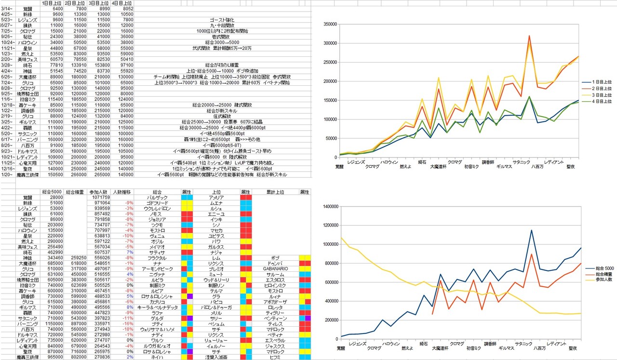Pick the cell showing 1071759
[x=100, y=198]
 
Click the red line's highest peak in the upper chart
[x=529, y=36]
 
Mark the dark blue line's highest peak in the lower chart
[x=531, y=230]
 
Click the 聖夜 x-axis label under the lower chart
[x=573, y=348]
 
